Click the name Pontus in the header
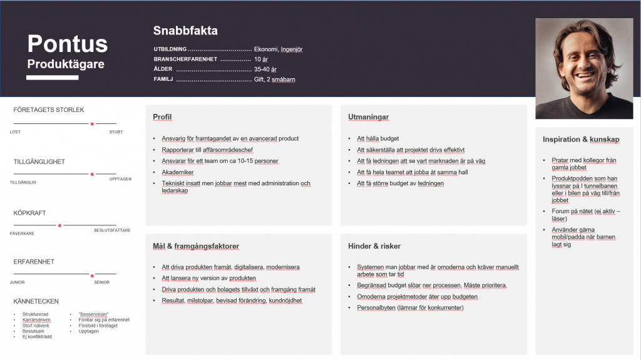point(68,44)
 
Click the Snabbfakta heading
point(185,31)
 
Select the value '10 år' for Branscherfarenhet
point(262,59)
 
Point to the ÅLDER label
point(163,69)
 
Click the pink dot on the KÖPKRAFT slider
point(59,225)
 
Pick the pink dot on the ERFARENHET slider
point(92,275)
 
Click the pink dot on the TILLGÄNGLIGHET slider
point(92,174)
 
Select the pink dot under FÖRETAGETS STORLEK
point(92,124)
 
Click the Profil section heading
point(162,117)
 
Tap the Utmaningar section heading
point(369,117)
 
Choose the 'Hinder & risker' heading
point(374,246)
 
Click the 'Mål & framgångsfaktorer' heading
point(196,246)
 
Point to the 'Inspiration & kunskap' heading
point(581,140)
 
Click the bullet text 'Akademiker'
point(178,172)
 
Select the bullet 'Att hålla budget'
point(377,138)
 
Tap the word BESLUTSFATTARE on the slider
point(112,230)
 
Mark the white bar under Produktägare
point(52,78)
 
